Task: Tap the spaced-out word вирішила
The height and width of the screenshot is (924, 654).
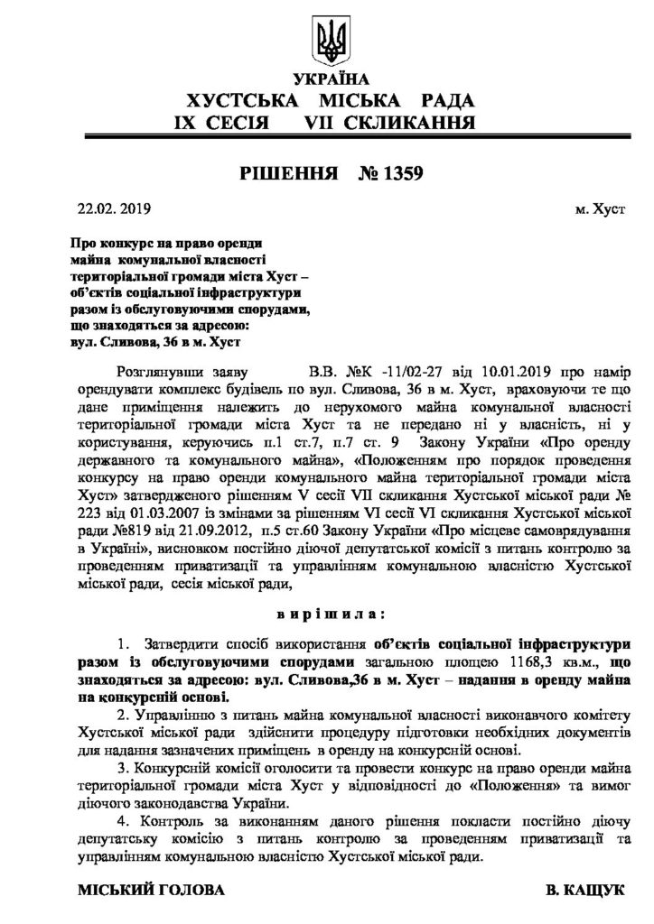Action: click(326, 614)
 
